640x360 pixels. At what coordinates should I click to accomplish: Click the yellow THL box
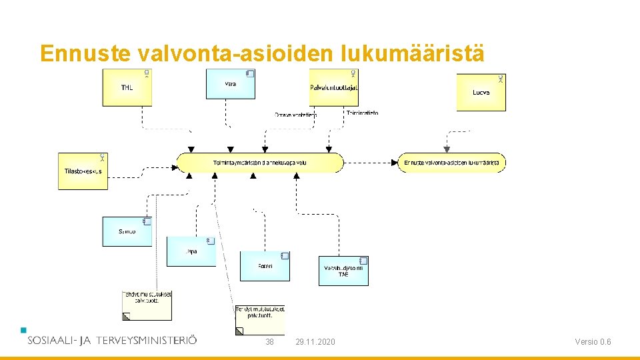pyautogui.click(x=127, y=87)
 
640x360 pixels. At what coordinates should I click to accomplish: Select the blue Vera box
pyautogui.click(x=230, y=84)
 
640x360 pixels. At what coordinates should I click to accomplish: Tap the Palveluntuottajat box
pyautogui.click(x=334, y=87)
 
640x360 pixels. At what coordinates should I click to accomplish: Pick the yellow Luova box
pyautogui.click(x=481, y=92)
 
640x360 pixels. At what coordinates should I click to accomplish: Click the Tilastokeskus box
pyautogui.click(x=83, y=171)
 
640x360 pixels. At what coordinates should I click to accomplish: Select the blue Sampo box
pyautogui.click(x=127, y=231)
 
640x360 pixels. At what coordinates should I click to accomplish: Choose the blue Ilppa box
pyautogui.click(x=191, y=251)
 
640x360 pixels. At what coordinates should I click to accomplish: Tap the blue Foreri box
pyautogui.click(x=265, y=266)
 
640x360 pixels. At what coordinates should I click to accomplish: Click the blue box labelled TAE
pyautogui.click(x=343, y=271)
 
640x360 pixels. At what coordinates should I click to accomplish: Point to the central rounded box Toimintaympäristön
pyautogui.click(x=260, y=163)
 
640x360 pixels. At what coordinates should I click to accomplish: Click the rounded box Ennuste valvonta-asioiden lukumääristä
pyautogui.click(x=452, y=163)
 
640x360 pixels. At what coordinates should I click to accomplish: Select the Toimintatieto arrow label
pyautogui.click(x=362, y=113)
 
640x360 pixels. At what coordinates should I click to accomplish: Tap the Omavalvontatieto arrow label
pyautogui.click(x=295, y=115)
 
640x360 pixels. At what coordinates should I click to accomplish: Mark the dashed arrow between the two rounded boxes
pyautogui.click(x=370, y=163)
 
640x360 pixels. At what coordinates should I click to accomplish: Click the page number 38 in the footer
pyautogui.click(x=269, y=342)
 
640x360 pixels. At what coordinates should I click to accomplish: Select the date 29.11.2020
pyautogui.click(x=315, y=342)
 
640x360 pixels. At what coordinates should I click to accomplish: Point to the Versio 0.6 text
pyautogui.click(x=593, y=342)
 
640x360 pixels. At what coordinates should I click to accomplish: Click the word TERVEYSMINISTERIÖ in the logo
pyautogui.click(x=146, y=340)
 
